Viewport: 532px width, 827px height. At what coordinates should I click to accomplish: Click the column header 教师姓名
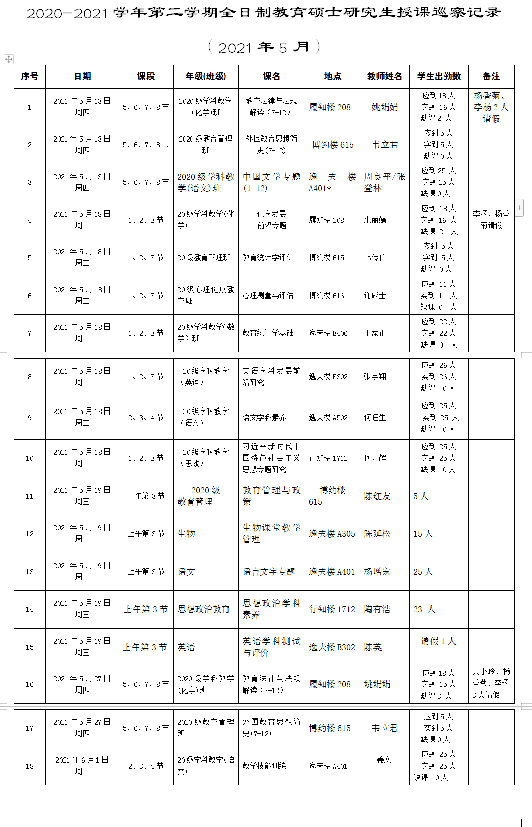pos(385,76)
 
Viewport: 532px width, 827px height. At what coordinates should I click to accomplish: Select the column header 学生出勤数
pos(439,76)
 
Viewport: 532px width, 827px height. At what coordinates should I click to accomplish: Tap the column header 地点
pos(332,76)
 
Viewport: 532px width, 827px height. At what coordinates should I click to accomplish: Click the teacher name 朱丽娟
pos(375,220)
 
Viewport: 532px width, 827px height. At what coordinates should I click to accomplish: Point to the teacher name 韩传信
pos(375,258)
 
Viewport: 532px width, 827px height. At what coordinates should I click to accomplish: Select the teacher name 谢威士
pos(375,296)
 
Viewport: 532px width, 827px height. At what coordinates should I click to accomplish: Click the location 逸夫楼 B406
pos(328,333)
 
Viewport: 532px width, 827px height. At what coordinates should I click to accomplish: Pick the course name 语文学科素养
pos(264,417)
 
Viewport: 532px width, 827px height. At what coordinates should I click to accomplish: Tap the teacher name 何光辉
pos(375,458)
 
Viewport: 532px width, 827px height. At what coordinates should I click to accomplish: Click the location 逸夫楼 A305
pos(332,534)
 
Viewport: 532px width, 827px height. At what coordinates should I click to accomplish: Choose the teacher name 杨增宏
pos(377,572)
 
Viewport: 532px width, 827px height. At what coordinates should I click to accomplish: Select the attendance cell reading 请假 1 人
pos(438,641)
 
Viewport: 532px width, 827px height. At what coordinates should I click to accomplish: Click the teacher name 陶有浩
pos(377,609)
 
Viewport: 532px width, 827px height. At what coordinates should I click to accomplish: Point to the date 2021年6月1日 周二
pos(82,766)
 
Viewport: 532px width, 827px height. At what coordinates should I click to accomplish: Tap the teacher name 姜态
pos(384,760)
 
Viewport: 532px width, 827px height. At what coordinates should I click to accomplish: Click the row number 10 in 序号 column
pos(30,458)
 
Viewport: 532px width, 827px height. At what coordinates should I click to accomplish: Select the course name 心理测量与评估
pos(268,296)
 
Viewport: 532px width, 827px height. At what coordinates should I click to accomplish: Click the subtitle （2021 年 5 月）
pos(264,47)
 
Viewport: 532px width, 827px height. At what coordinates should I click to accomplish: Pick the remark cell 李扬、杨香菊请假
pos(491,220)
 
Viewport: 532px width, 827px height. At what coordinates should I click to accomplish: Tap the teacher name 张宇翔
pos(375,377)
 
